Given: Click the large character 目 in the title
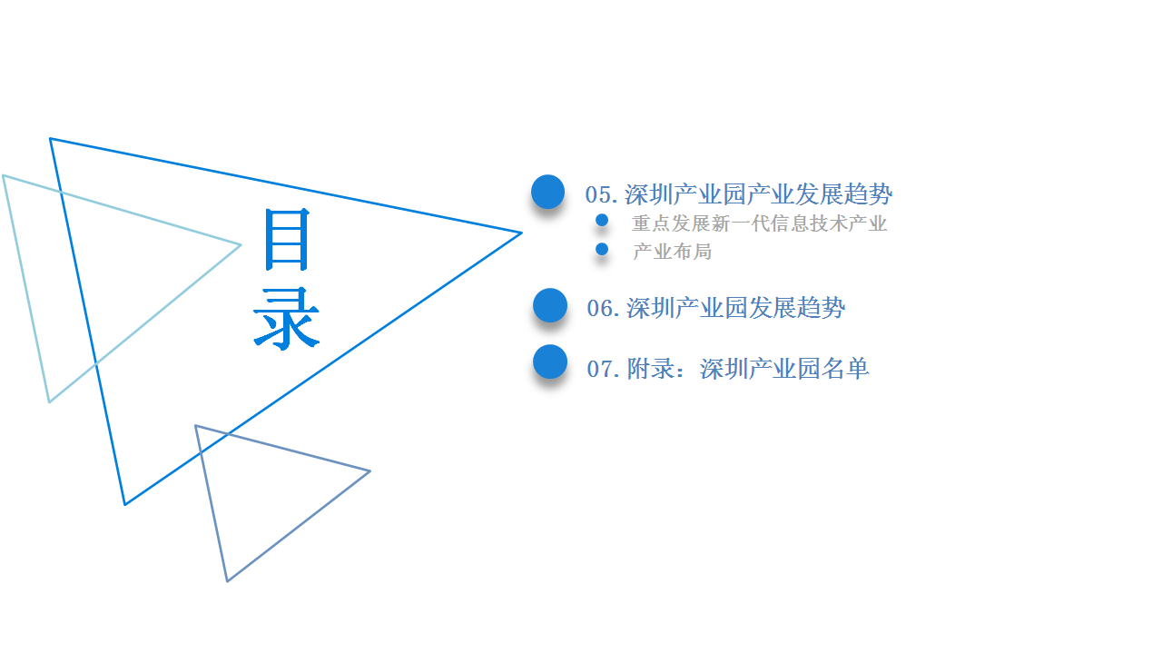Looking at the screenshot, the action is tap(287, 239).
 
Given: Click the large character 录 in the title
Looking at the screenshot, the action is tap(286, 319).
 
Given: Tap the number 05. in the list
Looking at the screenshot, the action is tap(601, 195).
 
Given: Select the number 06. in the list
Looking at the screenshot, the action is tap(603, 308).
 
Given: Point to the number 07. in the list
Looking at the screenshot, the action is tap(603, 369).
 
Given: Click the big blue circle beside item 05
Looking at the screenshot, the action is tap(547, 192).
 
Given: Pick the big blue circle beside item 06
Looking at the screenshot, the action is tap(550, 305).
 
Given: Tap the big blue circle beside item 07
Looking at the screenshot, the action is tap(550, 362).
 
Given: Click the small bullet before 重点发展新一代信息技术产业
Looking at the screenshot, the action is tap(602, 220).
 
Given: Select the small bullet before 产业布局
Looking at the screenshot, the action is tap(602, 249).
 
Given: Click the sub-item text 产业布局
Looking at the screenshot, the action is tap(673, 252).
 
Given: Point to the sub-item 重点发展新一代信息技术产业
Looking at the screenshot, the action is tap(760, 223).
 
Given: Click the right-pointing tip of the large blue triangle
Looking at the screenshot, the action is tap(521, 233).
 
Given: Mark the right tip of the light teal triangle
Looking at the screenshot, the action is tap(241, 245).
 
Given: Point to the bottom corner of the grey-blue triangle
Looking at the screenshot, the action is tap(227, 580).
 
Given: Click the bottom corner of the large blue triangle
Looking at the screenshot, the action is tap(125, 504).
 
